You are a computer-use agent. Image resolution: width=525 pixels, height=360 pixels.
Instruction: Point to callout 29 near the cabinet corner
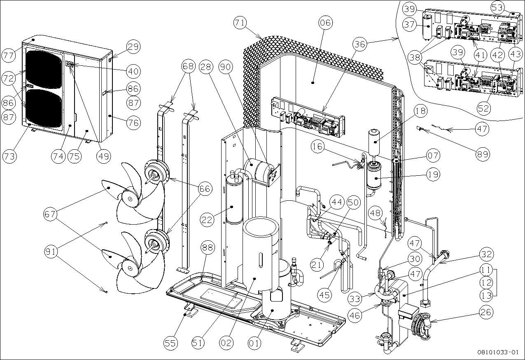(x=133, y=47)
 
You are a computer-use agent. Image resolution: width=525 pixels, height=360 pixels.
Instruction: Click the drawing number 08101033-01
(x=497, y=352)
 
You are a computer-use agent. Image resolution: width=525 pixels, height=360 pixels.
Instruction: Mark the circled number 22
(x=208, y=220)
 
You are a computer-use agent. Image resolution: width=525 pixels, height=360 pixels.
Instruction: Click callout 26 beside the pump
(x=486, y=312)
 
